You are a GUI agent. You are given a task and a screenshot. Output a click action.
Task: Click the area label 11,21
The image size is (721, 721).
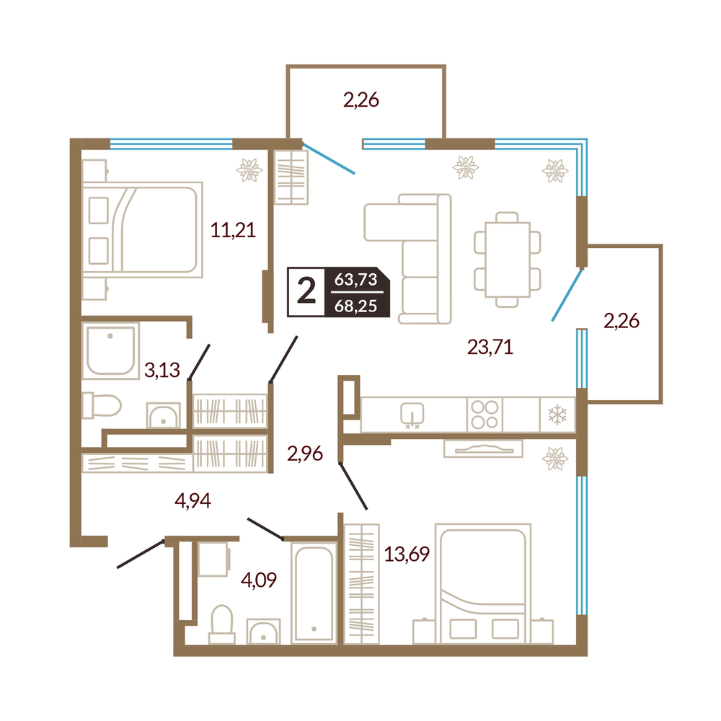tap(233, 229)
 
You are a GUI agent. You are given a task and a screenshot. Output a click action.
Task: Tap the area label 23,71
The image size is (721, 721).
tap(490, 347)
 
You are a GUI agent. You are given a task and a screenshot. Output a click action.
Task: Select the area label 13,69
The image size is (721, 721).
tap(407, 554)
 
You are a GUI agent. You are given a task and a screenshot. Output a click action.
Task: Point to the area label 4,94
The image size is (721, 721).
tap(193, 500)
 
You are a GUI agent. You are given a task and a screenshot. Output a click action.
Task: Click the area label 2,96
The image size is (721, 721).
tap(305, 454)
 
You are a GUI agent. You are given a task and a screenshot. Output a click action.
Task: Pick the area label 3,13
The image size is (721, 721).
tap(162, 370)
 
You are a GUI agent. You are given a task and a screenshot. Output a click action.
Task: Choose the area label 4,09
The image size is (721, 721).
tap(258, 580)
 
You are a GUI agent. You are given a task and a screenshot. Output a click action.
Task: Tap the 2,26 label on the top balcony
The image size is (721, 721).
tap(361, 99)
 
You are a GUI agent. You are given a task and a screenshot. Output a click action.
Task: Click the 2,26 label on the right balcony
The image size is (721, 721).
tap(622, 321)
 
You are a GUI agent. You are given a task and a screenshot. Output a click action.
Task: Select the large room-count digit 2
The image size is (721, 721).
tap(306, 291)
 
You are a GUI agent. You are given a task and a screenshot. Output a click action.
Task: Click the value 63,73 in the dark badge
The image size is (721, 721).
tap(355, 279)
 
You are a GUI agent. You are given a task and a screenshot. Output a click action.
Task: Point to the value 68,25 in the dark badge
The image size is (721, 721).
tap(355, 305)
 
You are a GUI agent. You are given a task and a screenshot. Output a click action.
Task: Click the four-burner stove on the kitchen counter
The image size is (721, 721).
tap(485, 415)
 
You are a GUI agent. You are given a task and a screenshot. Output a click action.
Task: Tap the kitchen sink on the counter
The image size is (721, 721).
tap(412, 415)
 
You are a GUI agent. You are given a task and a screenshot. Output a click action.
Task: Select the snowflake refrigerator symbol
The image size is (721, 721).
tap(557, 415)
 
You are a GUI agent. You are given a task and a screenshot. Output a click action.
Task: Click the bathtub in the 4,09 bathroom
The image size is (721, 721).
tap(314, 593)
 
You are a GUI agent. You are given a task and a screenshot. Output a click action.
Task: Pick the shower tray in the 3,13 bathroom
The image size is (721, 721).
tap(110, 350)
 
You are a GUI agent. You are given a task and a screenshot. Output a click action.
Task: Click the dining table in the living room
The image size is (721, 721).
tap(507, 260)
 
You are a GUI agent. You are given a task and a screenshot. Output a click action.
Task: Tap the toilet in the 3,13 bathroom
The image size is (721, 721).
tap(102, 405)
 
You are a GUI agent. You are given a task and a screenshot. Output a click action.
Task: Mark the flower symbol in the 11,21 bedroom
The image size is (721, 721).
tap(249, 169)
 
